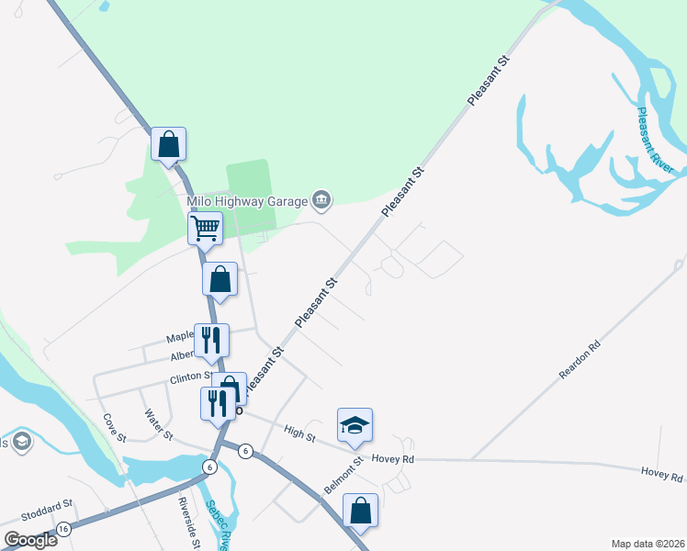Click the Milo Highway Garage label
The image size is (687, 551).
pyautogui.click(x=246, y=200)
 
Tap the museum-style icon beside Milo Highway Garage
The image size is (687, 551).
pyautogui.click(x=321, y=198)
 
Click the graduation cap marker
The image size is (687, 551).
pyautogui.click(x=355, y=425)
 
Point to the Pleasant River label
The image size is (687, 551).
pyautogui.click(x=655, y=141)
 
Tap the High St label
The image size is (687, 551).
pyautogui.click(x=299, y=433)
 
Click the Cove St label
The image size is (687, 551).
pyautogui.click(x=114, y=427)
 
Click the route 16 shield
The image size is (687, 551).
pyautogui.click(x=63, y=530)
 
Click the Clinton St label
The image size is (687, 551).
pyautogui.click(x=190, y=377)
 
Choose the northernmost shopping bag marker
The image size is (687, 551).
pyautogui.click(x=168, y=144)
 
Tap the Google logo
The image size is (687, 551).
pyautogui.click(x=30, y=540)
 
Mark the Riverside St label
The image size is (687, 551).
pyautogui.click(x=189, y=523)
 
